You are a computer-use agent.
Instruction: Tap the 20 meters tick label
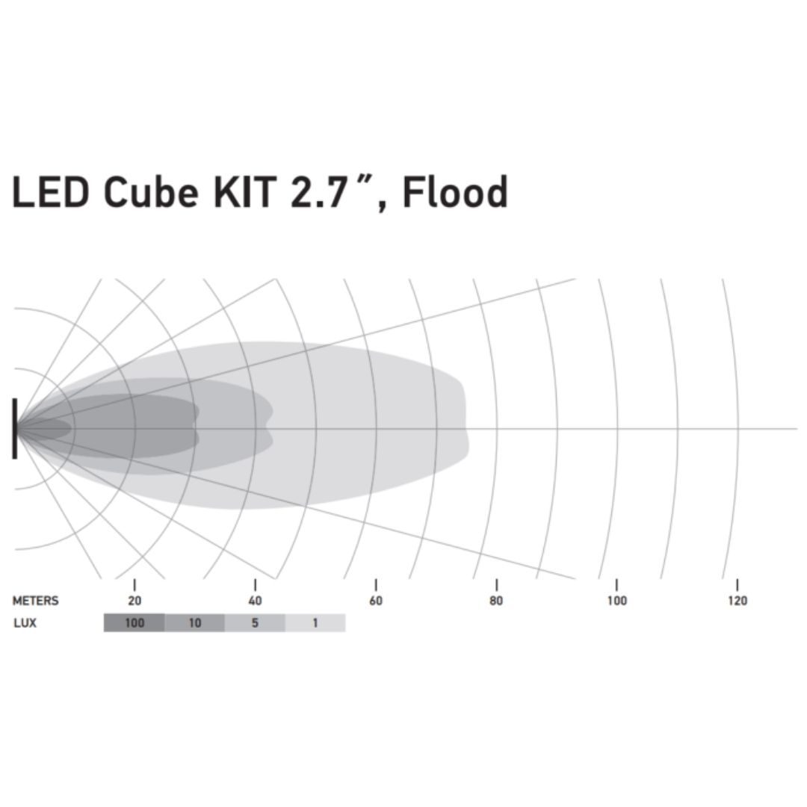click(x=134, y=601)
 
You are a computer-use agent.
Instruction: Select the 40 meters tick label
click(x=255, y=601)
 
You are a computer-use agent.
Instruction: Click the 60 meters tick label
click(x=376, y=601)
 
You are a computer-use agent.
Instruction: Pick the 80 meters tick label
click(x=496, y=601)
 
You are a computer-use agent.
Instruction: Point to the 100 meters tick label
click(x=616, y=601)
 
